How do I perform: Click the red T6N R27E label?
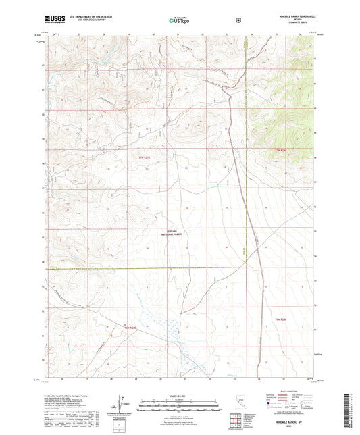(x=130, y=328)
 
